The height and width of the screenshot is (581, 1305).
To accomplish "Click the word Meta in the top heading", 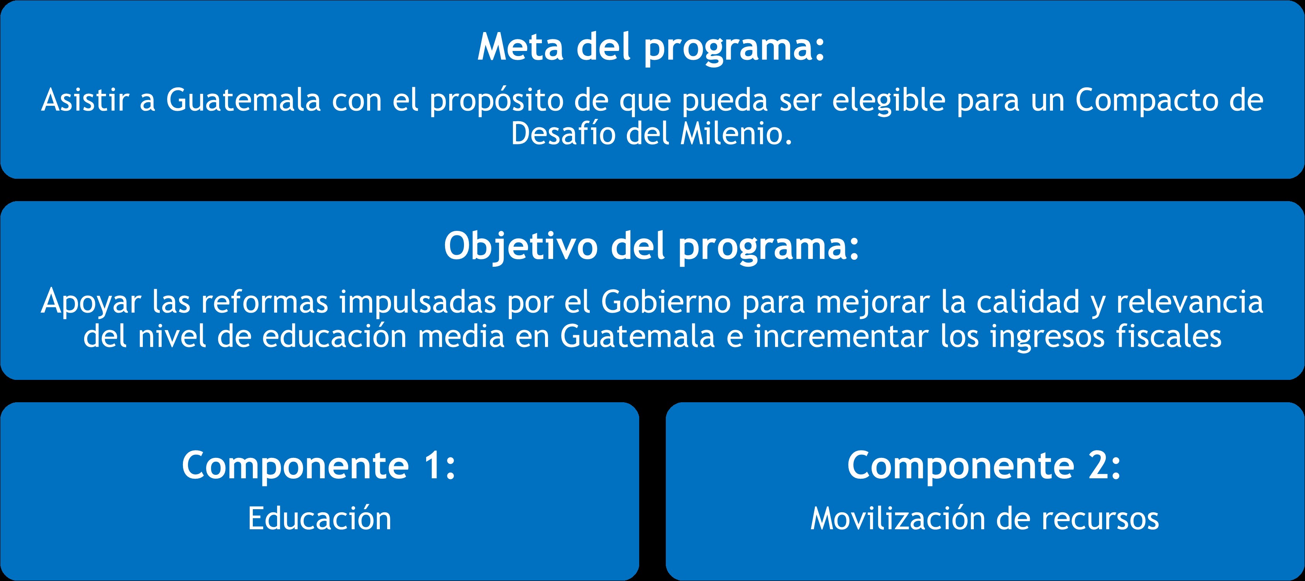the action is pyautogui.click(x=520, y=47).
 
